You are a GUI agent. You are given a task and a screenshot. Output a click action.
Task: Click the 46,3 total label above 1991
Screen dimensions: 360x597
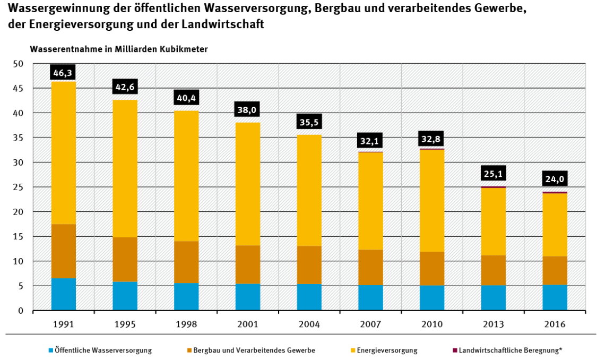[63, 72]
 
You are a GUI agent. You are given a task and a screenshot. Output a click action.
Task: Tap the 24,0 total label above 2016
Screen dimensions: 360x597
[554, 179]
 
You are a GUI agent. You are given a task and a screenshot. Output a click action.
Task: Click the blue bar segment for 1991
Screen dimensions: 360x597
[63, 294]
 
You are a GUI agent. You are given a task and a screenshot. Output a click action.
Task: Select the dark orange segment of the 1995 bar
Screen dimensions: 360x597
[125, 259]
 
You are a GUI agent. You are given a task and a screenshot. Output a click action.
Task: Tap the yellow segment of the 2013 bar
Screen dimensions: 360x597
[493, 221]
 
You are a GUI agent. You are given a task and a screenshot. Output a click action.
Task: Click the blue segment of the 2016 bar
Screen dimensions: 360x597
[554, 297]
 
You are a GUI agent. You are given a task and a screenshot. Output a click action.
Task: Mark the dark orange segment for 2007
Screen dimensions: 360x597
[370, 268]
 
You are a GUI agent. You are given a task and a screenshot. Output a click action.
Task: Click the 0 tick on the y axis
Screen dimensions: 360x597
[21, 311]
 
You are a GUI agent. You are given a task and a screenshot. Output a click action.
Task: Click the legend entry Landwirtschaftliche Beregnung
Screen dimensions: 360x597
[510, 350]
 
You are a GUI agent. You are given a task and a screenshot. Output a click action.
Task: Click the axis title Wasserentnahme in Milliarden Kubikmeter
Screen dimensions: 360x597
[119, 49]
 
